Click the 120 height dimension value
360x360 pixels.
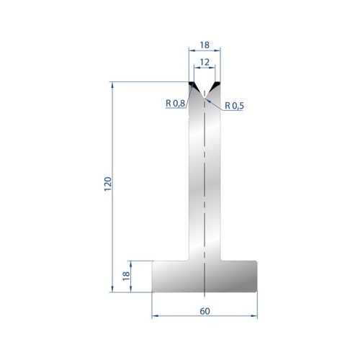click(x=108, y=184)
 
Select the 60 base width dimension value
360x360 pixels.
click(x=204, y=311)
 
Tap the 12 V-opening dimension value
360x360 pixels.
click(x=204, y=63)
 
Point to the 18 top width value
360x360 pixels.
click(x=204, y=45)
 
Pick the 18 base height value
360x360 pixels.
click(x=126, y=276)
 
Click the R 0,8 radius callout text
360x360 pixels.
click(x=176, y=104)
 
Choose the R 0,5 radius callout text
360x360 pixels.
click(x=234, y=106)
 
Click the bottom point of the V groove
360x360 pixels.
click(x=204, y=98)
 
